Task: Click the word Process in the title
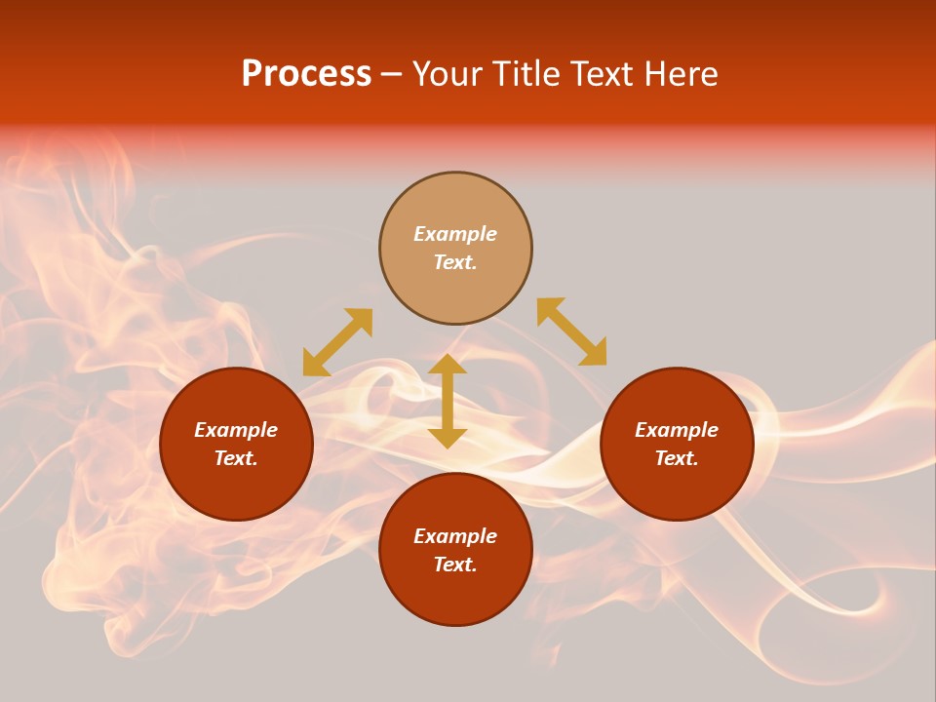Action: pyautogui.click(x=306, y=74)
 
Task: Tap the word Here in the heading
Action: pyautogui.click(x=675, y=74)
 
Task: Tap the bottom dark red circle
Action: pyautogui.click(x=455, y=595)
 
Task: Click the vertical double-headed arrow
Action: pyautogui.click(x=448, y=401)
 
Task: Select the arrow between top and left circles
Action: pyautogui.click(x=337, y=342)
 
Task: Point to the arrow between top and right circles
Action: pyautogui.click(x=571, y=331)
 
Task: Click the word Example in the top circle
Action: pyautogui.click(x=455, y=234)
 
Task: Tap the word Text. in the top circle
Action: pyautogui.click(x=455, y=262)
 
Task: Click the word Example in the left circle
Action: pyautogui.click(x=236, y=430)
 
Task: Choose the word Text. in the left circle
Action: pyautogui.click(x=236, y=458)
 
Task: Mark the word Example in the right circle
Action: pyautogui.click(x=677, y=430)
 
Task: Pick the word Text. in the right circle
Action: pyautogui.click(x=677, y=458)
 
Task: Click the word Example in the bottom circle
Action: pyautogui.click(x=455, y=536)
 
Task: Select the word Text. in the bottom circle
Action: pyautogui.click(x=455, y=565)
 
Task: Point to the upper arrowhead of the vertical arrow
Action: pyautogui.click(x=448, y=363)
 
